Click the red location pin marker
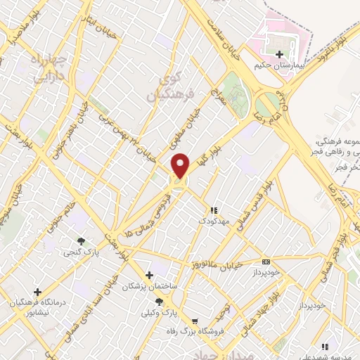[x=181, y=166]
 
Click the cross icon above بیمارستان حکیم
[x=280, y=54]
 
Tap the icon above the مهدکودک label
[x=214, y=210]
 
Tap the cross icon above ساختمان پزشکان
[x=148, y=275]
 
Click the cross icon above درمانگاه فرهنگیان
[x=37, y=291]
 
